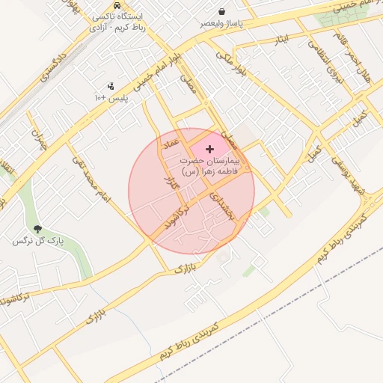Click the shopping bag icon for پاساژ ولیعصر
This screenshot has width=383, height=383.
point(222,11)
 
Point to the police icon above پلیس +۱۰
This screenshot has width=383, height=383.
point(111,86)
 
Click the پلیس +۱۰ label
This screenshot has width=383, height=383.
point(111,98)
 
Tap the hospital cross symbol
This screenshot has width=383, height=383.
point(209,150)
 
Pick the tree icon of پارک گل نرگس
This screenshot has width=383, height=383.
point(38,229)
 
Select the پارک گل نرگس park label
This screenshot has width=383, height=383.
point(38,242)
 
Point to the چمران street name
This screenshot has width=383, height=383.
point(37,139)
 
